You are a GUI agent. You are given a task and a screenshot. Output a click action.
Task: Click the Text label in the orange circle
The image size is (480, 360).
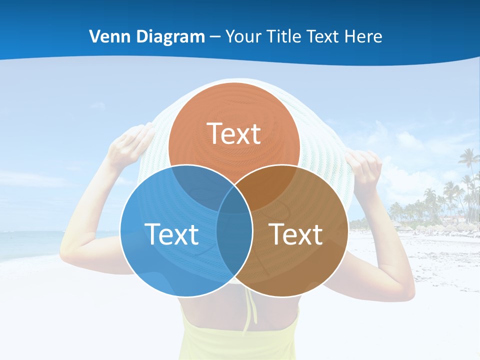(x=234, y=133)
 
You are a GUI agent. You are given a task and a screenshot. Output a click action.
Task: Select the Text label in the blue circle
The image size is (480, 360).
(x=171, y=234)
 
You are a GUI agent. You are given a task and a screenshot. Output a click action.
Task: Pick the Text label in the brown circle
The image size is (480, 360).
(x=296, y=234)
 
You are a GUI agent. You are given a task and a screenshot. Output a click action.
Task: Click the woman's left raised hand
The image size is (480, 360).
(x=131, y=145)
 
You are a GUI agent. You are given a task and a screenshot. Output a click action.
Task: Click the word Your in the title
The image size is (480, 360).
(x=243, y=36)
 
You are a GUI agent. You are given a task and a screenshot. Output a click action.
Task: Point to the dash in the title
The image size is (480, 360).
(x=215, y=37)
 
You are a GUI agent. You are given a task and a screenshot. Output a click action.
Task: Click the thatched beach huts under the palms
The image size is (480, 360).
(x=440, y=228)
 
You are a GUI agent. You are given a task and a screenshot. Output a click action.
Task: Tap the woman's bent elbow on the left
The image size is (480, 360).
(x=70, y=250)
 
